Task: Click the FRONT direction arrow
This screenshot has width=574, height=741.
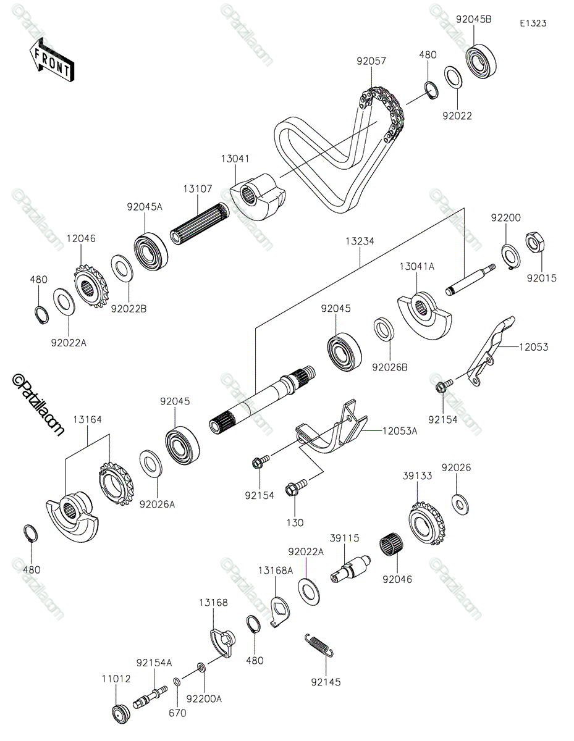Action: click(x=51, y=60)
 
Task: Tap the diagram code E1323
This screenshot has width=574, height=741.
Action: click(x=533, y=23)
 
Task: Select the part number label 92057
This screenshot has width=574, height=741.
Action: click(x=371, y=61)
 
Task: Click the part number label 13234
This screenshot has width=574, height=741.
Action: click(x=360, y=241)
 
